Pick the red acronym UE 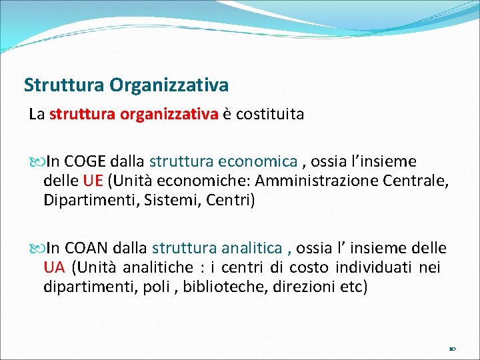pos(93,181)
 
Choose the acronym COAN pos(88,249)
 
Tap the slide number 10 pos(452,349)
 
